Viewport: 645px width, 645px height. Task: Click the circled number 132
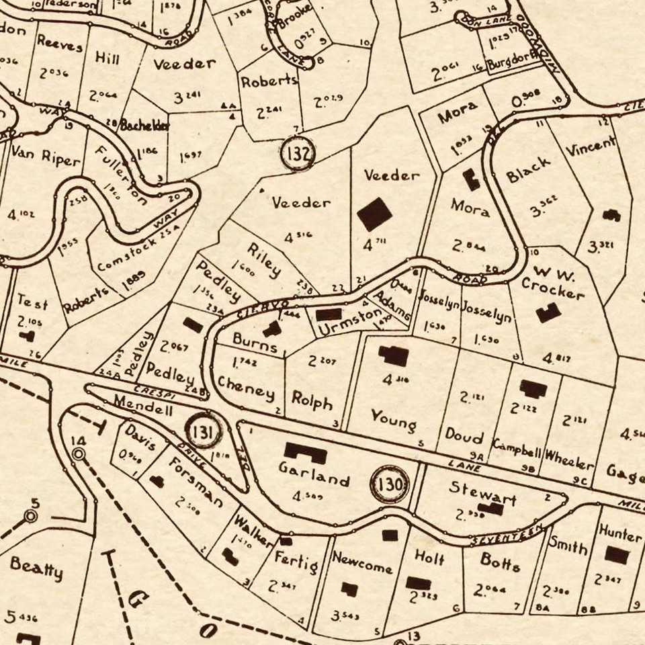[298, 154]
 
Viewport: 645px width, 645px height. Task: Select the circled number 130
[390, 484]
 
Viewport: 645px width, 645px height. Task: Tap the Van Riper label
[45, 159]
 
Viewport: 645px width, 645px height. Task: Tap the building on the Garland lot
[305, 452]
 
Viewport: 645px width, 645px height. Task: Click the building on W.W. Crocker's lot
[548, 312]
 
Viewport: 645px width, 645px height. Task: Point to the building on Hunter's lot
[616, 555]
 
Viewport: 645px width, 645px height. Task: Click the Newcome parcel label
[361, 564]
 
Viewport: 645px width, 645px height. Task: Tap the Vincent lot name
[590, 147]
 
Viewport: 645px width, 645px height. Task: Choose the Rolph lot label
[312, 400]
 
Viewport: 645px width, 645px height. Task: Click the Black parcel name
[529, 170]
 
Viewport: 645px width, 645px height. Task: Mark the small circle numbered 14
[79, 455]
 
